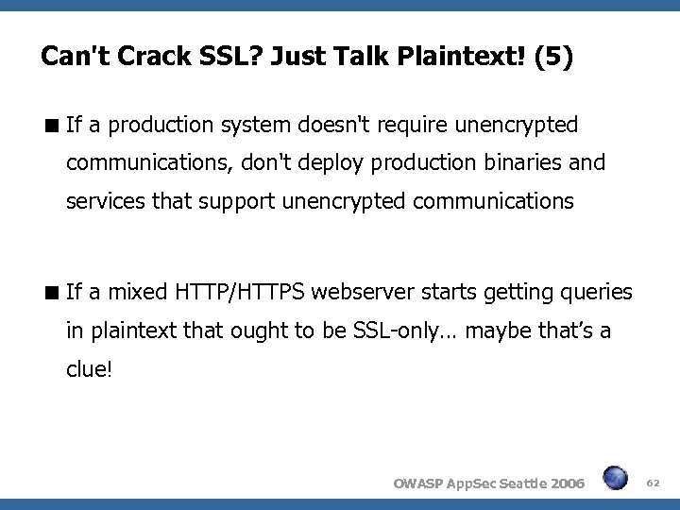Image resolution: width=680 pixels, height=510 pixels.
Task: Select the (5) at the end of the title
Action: (x=552, y=57)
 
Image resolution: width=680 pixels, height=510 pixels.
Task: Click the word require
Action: (x=416, y=125)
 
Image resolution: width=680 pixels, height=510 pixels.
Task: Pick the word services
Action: (x=102, y=201)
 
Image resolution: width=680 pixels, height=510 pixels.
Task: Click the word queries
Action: (x=595, y=293)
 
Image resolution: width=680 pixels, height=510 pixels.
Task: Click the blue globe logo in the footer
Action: (x=616, y=479)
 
